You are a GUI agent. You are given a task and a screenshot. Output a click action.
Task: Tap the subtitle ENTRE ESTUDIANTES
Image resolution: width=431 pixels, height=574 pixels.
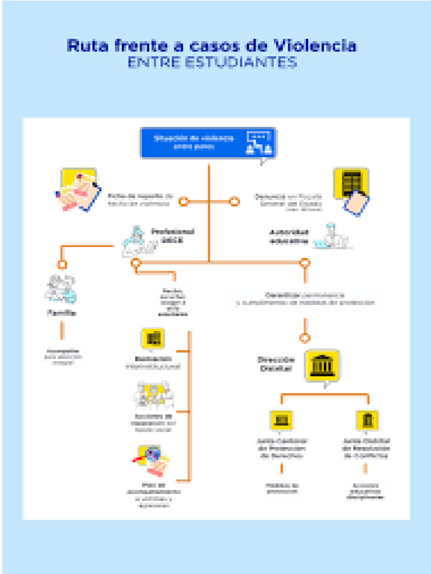click(212, 62)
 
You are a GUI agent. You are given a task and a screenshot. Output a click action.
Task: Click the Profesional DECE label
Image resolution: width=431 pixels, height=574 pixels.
click(172, 235)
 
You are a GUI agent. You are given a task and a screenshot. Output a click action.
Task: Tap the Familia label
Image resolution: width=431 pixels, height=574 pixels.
click(62, 313)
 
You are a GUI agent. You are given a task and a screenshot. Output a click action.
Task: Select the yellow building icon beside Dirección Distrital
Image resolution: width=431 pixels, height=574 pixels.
click(323, 365)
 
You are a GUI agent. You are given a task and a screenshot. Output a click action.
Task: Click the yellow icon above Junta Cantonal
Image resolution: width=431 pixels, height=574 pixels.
click(282, 420)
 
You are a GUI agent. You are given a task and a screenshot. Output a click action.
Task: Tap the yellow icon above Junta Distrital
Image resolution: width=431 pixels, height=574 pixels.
click(368, 420)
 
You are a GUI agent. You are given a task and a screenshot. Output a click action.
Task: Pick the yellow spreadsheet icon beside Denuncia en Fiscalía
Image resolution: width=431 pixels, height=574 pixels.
click(351, 183)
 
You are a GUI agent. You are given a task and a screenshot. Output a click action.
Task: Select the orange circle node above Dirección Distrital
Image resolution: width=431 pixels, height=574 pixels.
click(305, 338)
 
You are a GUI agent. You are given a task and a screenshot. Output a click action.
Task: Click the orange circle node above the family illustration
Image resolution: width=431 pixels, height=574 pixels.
click(62, 264)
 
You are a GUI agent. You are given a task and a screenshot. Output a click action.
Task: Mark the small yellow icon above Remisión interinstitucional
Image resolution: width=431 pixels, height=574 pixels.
click(153, 338)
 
